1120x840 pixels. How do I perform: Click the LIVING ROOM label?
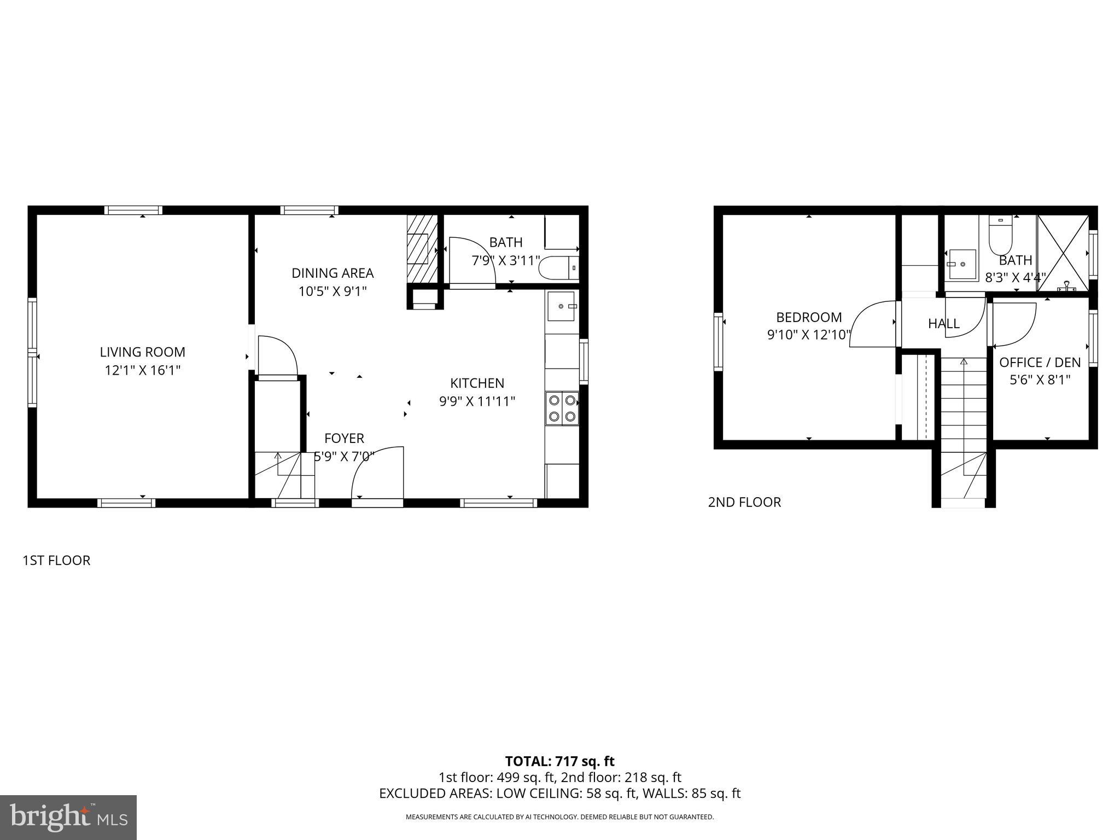point(142,352)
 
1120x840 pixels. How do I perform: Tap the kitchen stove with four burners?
point(562,408)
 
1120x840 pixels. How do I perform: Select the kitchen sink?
point(562,307)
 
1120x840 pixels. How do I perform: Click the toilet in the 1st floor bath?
point(558,269)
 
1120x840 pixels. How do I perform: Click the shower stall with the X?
point(1063,253)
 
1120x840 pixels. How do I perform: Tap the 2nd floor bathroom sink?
point(961,265)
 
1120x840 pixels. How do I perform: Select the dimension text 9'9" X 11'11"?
point(477,402)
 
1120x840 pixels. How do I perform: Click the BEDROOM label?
point(809,317)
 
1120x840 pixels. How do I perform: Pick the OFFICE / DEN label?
point(1040,362)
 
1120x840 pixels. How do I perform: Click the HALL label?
point(943,324)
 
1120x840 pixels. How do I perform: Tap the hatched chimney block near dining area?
point(423,248)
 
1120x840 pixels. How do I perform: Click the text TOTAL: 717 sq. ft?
point(559,761)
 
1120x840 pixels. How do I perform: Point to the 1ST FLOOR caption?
point(56,561)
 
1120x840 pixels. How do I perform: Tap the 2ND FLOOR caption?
point(744,502)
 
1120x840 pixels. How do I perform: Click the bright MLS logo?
point(68,817)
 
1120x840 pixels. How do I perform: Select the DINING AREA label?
point(332,273)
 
